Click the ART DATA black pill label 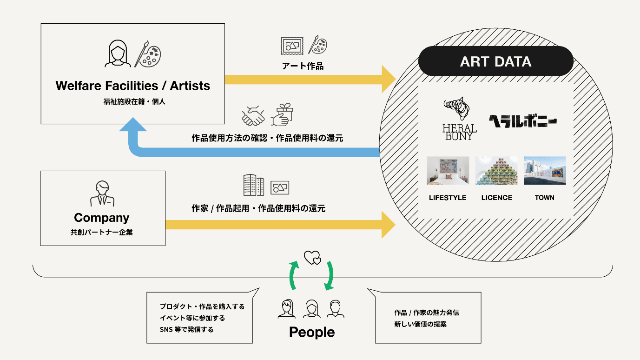click(496, 61)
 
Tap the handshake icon click(253, 116)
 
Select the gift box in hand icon click(282, 115)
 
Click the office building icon click(254, 185)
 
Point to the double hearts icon click(312, 258)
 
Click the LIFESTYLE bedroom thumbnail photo click(448, 170)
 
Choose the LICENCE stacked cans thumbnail click(496, 170)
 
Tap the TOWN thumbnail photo click(545, 170)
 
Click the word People click(312, 333)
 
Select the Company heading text click(102, 218)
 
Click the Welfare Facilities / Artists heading click(132, 86)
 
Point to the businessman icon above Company click(102, 193)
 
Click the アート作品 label click(303, 66)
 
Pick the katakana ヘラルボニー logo click(523, 121)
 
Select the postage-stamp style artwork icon click(292, 46)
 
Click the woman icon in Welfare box click(118, 53)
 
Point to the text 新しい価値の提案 click(420, 324)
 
